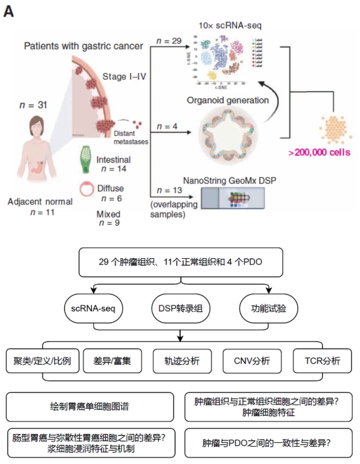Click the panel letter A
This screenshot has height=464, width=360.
click(8, 11)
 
